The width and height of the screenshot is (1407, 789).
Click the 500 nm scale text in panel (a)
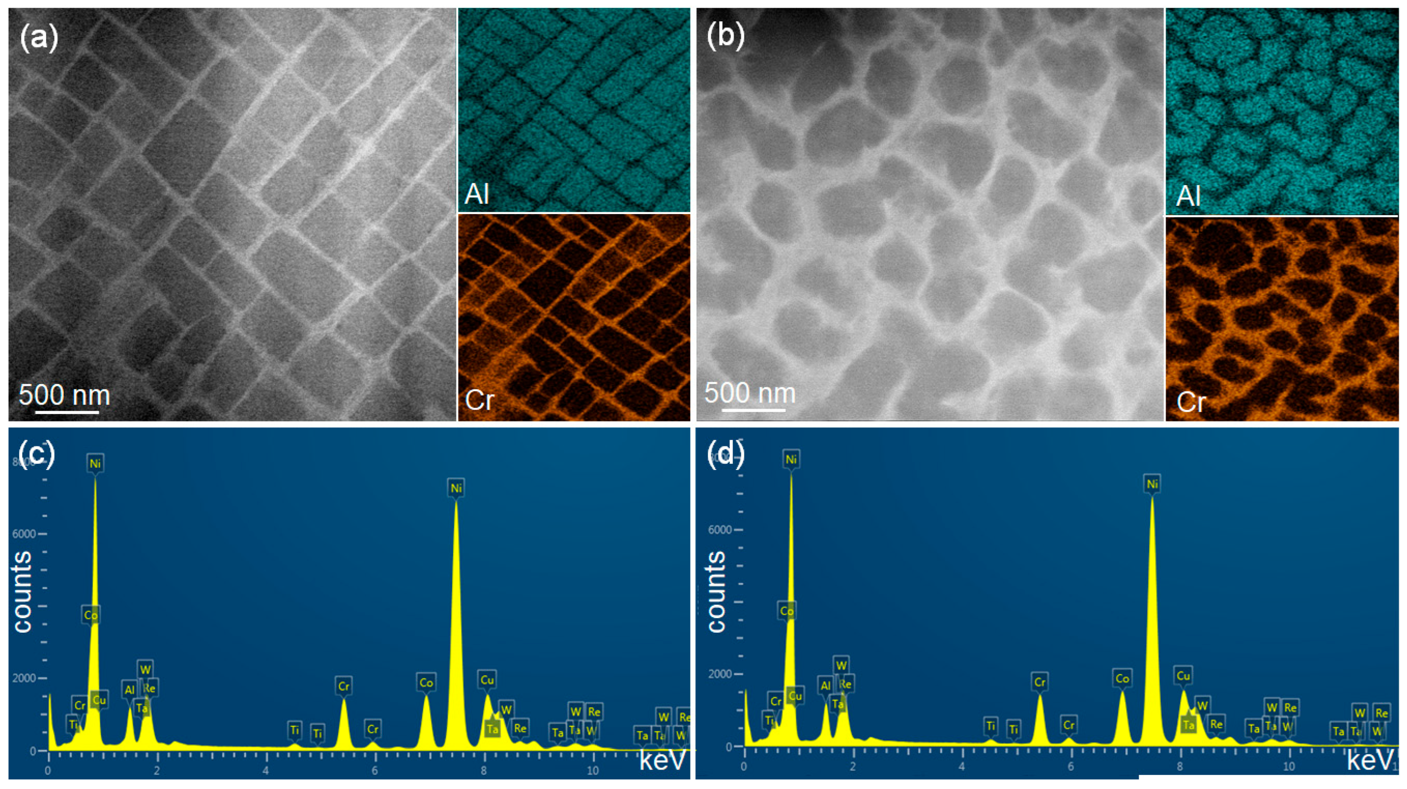coord(65,395)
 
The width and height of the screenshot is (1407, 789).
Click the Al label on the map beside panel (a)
coord(477,193)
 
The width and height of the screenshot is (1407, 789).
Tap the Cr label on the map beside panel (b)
coord(1191,403)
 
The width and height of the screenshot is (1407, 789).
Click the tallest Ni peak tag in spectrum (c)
coord(95,464)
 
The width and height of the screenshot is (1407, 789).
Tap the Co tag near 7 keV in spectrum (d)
coord(1122,679)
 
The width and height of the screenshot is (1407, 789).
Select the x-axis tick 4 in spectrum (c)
coord(266,771)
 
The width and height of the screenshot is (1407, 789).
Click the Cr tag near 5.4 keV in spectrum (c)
coord(344,686)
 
